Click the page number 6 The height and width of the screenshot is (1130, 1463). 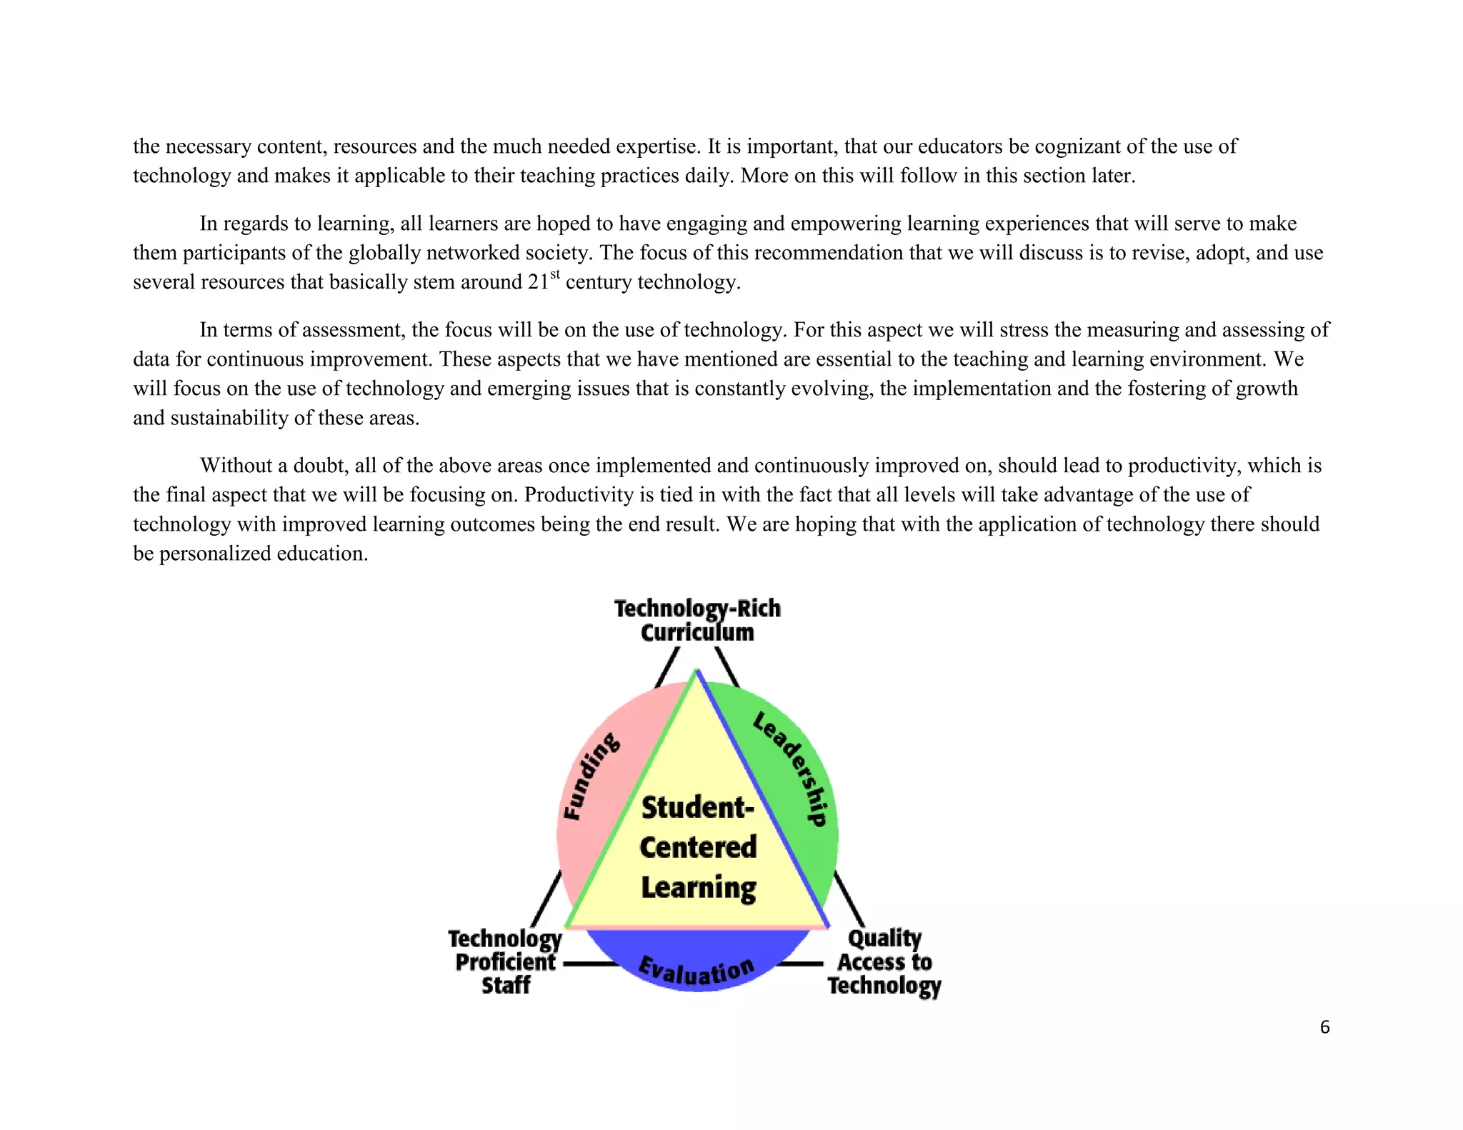click(x=1324, y=1027)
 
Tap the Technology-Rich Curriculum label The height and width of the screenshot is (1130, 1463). click(x=697, y=620)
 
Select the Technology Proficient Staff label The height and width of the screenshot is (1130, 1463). click(x=505, y=961)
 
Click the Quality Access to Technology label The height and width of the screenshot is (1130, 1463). click(x=884, y=961)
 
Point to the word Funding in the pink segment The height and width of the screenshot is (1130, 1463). click(x=591, y=776)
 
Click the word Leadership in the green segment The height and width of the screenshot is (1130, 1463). click(x=791, y=769)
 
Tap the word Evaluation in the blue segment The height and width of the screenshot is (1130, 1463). click(x=696, y=971)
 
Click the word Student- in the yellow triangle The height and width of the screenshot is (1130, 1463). click(x=698, y=808)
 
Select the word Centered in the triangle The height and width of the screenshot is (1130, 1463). click(x=698, y=848)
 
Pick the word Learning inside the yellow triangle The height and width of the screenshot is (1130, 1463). click(x=698, y=888)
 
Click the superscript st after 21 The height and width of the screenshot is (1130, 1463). click(x=555, y=274)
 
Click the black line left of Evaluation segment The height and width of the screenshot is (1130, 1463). click(x=591, y=964)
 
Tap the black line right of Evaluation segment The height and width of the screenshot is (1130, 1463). click(x=800, y=964)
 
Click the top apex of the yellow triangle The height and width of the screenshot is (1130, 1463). click(x=697, y=673)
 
